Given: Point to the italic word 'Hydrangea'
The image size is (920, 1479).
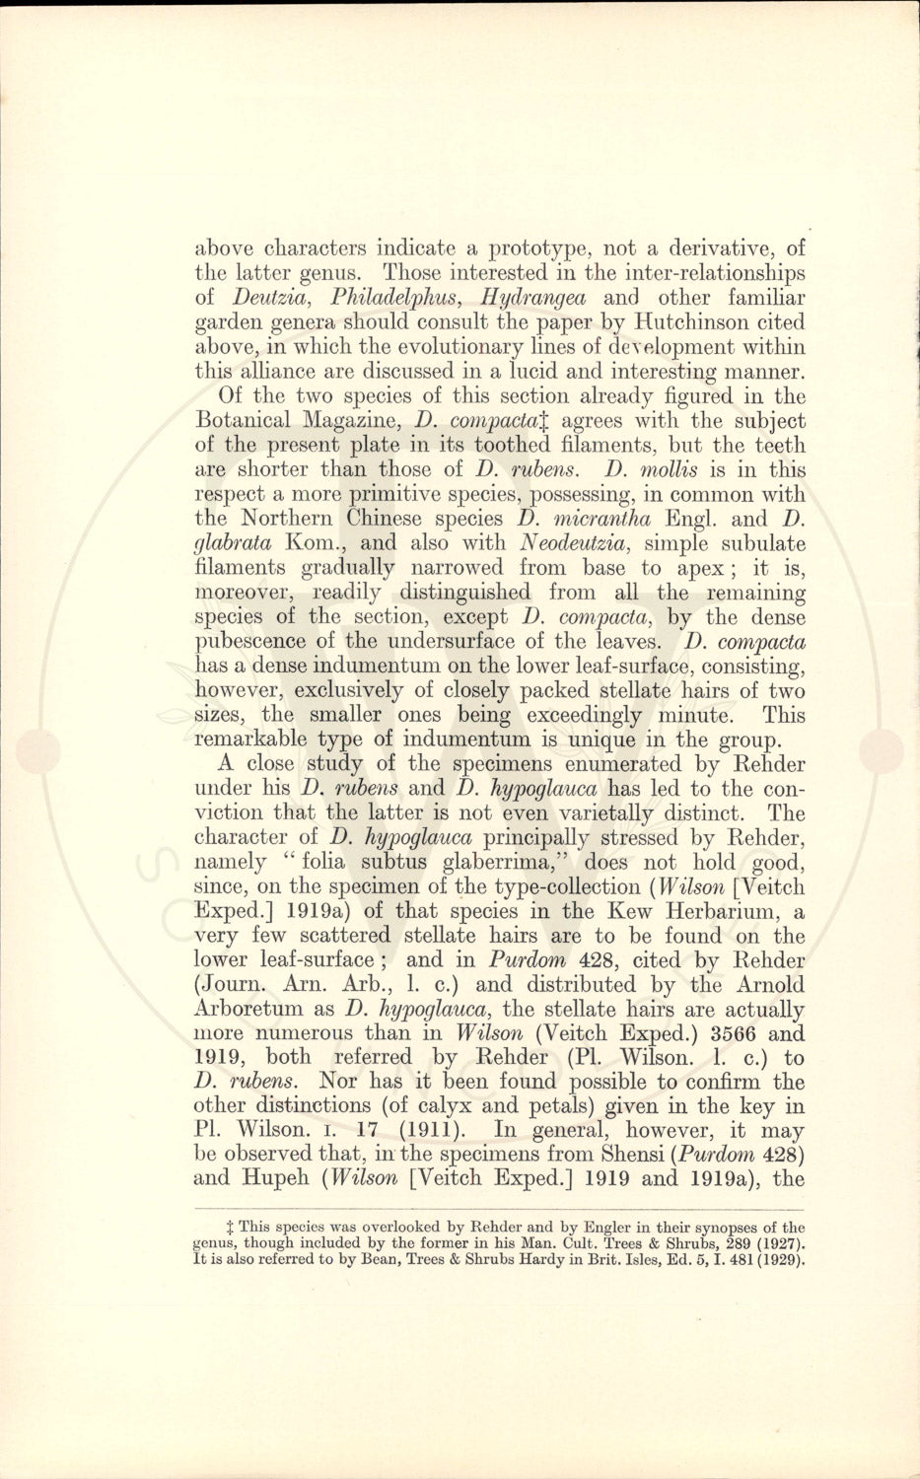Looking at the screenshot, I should click(x=532, y=298).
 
